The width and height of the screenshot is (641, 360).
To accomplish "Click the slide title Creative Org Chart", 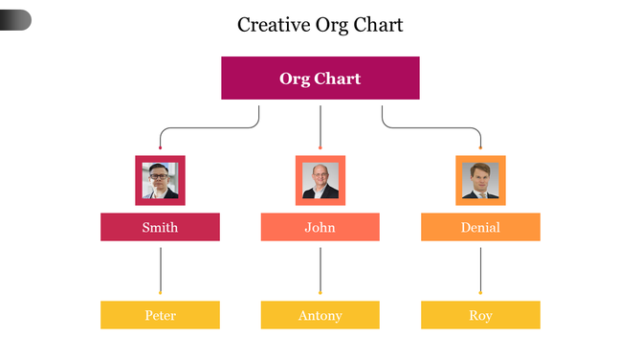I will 320,25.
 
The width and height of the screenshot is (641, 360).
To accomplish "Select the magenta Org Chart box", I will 320,79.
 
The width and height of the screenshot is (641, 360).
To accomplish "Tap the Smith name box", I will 160,227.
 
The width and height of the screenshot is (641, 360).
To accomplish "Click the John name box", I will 320,227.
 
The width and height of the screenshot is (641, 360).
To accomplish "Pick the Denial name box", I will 480,227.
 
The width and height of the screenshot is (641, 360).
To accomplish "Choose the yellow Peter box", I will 160,315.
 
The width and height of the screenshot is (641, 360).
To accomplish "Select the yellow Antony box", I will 320,315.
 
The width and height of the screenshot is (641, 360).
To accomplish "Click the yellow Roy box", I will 480,315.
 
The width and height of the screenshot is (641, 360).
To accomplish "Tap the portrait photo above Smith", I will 160,181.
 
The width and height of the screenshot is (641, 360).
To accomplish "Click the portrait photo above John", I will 320,181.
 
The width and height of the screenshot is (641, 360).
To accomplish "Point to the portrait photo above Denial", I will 480,181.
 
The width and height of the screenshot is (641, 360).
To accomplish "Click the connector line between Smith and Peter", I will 160,268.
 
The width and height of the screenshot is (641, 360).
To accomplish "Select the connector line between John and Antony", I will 320,268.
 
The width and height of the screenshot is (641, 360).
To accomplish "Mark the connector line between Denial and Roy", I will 480,268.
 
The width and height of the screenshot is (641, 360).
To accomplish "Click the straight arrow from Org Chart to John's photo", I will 320,124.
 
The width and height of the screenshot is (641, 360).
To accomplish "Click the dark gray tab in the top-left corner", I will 15,19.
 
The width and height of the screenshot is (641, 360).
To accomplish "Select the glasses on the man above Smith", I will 159,176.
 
